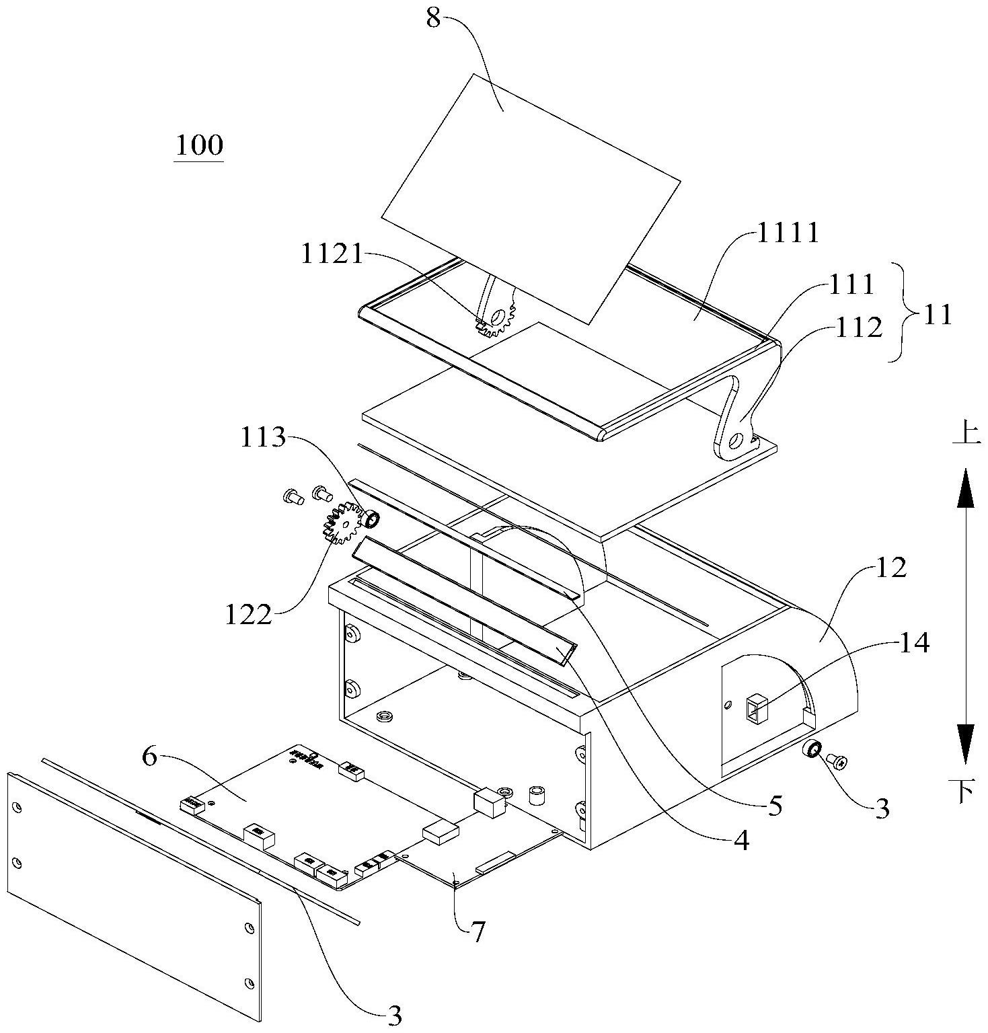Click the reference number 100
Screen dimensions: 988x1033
pyautogui.click(x=199, y=145)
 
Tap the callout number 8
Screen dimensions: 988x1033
pyautogui.click(x=433, y=18)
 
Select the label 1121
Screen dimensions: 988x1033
pyautogui.click(x=331, y=255)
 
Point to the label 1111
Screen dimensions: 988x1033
pyautogui.click(x=789, y=233)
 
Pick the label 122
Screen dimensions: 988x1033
pyautogui.click(x=250, y=615)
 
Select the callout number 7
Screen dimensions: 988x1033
pyautogui.click(x=477, y=933)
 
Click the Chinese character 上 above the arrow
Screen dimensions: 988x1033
pyautogui.click(x=966, y=431)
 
